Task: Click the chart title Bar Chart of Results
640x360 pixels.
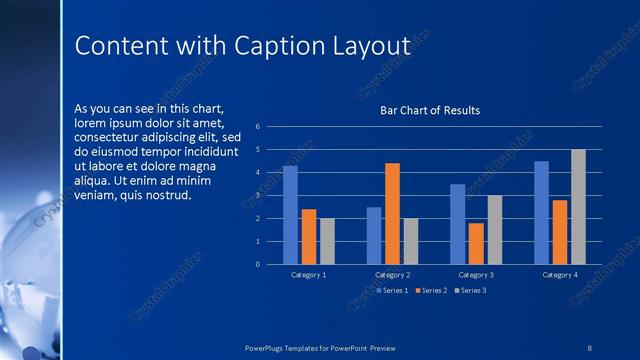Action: [430, 110]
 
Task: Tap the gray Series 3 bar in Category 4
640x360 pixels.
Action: [578, 207]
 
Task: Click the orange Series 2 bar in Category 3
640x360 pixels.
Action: [476, 243]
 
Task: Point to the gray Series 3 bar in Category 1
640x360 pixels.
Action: [327, 241]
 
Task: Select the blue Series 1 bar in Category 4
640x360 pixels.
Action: [541, 212]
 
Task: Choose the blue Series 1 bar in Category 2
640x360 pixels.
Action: [374, 235]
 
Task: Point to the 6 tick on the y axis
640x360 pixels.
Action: [258, 127]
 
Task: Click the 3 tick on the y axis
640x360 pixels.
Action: [258, 195]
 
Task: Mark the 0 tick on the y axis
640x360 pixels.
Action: [258, 264]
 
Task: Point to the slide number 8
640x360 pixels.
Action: [589, 347]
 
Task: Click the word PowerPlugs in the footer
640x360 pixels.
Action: [268, 347]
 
